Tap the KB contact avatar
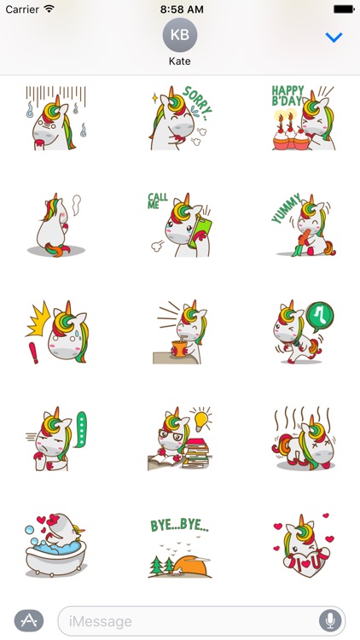coord(179,35)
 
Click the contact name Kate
coord(179,61)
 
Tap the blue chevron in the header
coord(334,38)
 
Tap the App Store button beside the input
coord(29,620)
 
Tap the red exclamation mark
coord(35,350)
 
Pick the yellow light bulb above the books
coord(201,421)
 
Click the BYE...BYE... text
coord(179,526)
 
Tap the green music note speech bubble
coord(321,316)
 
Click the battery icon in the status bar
coord(344,9)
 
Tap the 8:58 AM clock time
coord(179,9)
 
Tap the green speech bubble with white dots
coord(82,428)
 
